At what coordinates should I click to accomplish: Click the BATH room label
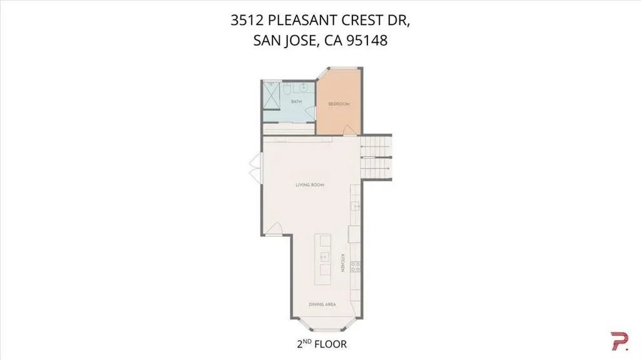point(296,101)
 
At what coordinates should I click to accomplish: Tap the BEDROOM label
point(339,104)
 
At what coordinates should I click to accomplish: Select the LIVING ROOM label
point(310,185)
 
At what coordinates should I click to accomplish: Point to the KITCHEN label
point(342,263)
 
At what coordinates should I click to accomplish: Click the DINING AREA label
point(322,304)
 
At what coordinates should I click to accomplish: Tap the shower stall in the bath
point(271,96)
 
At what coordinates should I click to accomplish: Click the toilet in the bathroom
point(287,88)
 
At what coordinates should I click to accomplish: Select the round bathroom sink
point(304,87)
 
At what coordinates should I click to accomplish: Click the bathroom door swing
point(310,113)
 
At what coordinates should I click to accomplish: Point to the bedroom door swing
point(349,130)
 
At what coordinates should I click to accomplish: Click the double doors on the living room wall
point(256,168)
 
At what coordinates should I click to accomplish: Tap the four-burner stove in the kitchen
point(356,267)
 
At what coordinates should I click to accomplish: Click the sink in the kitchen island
point(325,257)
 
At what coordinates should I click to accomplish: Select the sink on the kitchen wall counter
point(356,207)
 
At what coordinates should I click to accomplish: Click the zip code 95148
point(367,41)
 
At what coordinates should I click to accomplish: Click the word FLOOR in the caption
point(331,344)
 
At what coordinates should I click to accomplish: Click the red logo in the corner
point(619,341)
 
